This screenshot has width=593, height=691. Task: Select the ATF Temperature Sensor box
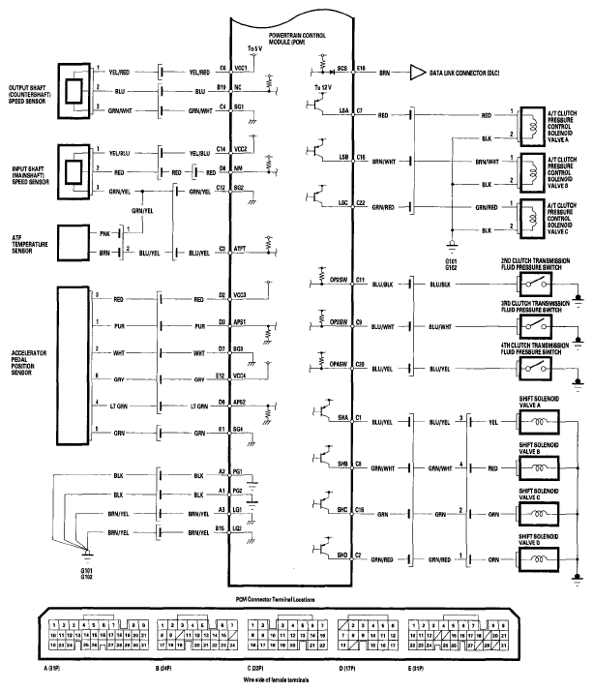point(87,242)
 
